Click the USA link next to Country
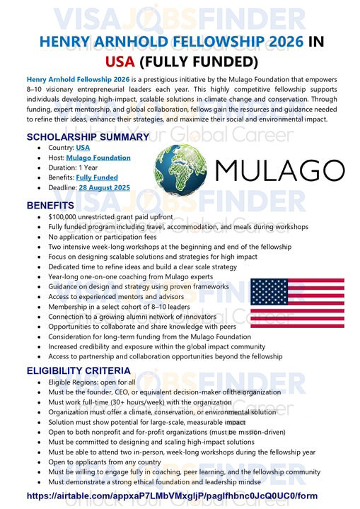tap(83, 148)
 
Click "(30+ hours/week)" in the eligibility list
tap(134, 402)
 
